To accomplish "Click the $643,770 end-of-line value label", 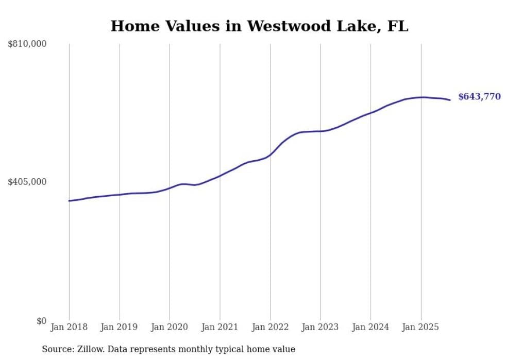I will click(x=479, y=97).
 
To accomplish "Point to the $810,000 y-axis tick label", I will click(x=27, y=44).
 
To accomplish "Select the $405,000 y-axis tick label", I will click(x=27, y=182).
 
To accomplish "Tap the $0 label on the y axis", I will click(x=41, y=321).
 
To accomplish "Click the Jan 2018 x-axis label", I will click(x=69, y=327).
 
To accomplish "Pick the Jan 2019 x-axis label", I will click(x=120, y=327).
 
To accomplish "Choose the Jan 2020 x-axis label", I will click(x=170, y=327).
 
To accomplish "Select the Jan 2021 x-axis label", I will click(x=220, y=327).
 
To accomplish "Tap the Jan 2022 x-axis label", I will click(x=270, y=327).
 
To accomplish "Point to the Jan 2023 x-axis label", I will click(x=320, y=327).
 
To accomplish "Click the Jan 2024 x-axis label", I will click(x=371, y=327).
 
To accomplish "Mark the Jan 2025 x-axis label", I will click(x=420, y=327).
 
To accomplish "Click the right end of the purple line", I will click(x=450, y=100).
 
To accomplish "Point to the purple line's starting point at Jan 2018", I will click(x=70, y=201).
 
